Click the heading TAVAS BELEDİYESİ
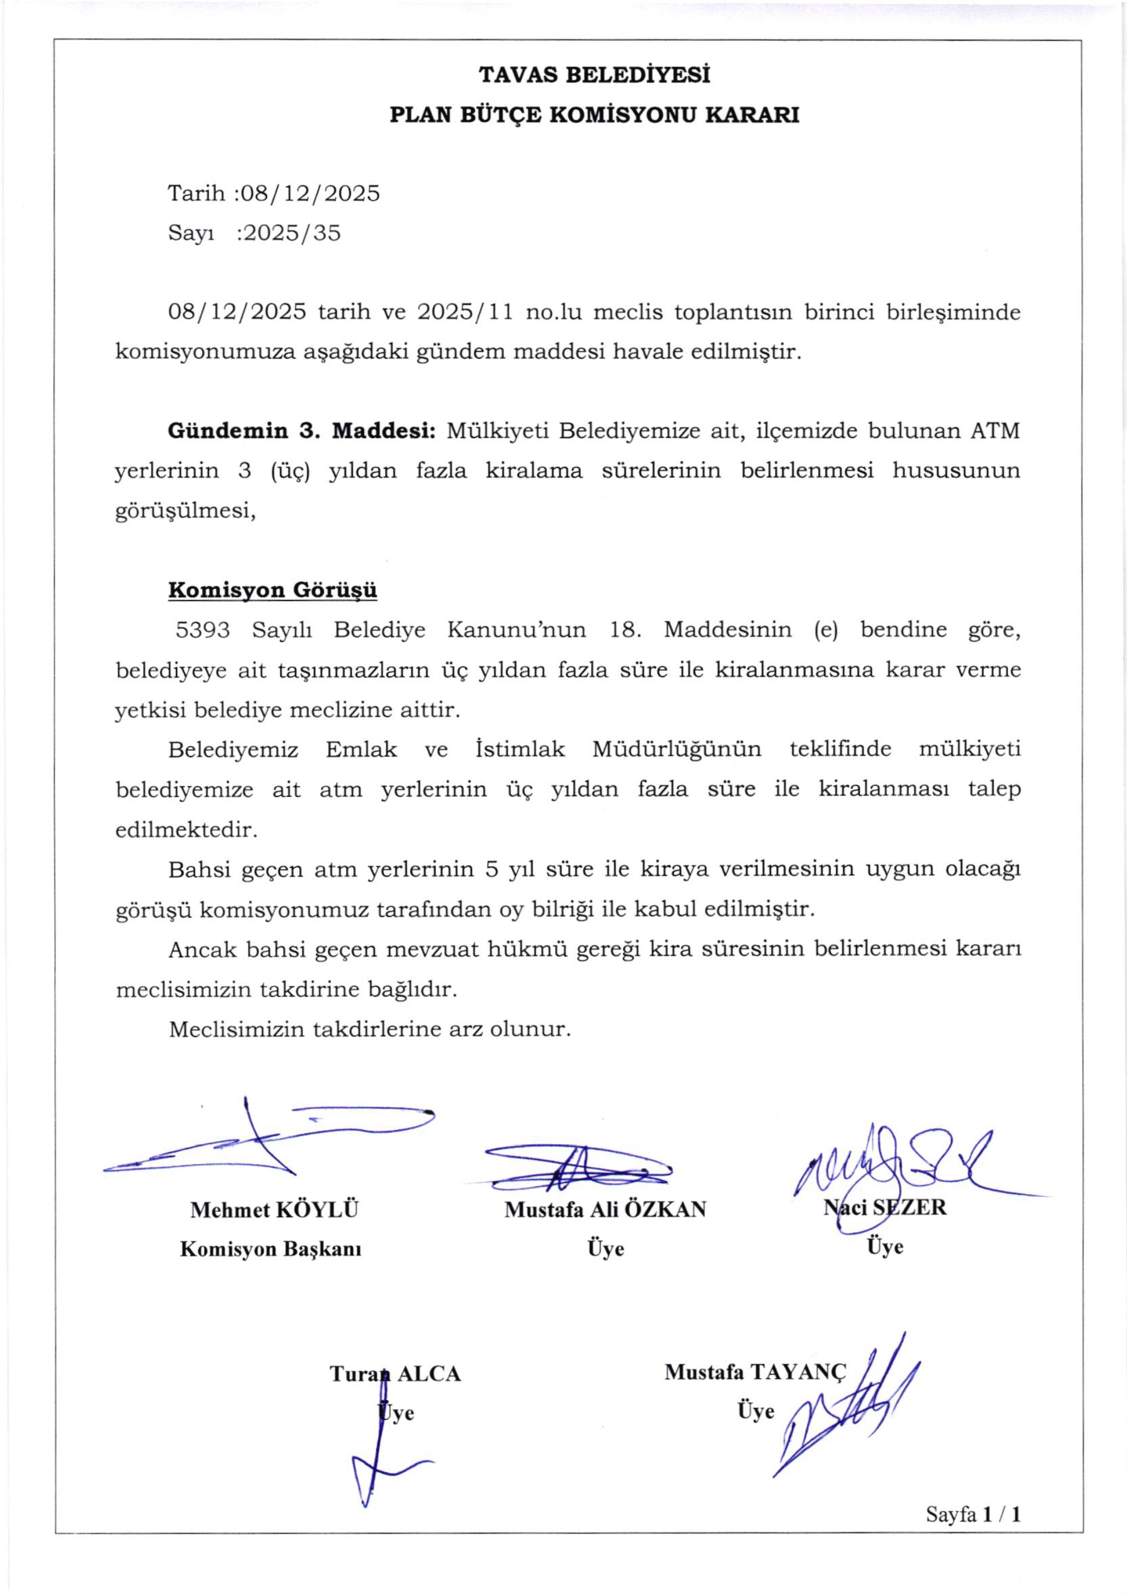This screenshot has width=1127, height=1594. click(x=594, y=75)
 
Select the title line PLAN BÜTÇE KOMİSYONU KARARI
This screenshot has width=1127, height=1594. click(x=594, y=115)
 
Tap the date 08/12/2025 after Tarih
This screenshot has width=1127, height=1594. click(x=308, y=193)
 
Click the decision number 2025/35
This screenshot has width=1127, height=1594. click(x=289, y=233)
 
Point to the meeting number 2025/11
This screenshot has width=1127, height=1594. click(x=465, y=313)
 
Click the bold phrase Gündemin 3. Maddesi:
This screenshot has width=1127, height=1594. click(x=301, y=431)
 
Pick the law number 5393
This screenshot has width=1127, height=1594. click(x=203, y=630)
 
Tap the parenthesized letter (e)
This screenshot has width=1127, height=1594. click(x=826, y=630)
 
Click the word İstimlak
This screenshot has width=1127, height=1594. click(x=520, y=750)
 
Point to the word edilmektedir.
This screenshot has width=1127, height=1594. click(x=186, y=830)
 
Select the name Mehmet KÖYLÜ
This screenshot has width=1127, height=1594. click(x=274, y=1210)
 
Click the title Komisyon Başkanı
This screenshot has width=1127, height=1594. click(x=271, y=1249)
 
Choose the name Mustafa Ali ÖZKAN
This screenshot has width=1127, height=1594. click(x=605, y=1210)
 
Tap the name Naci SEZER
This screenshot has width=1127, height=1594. click(x=885, y=1207)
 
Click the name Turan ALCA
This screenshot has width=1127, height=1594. click(x=395, y=1374)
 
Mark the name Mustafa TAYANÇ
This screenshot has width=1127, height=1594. click(x=756, y=1372)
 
